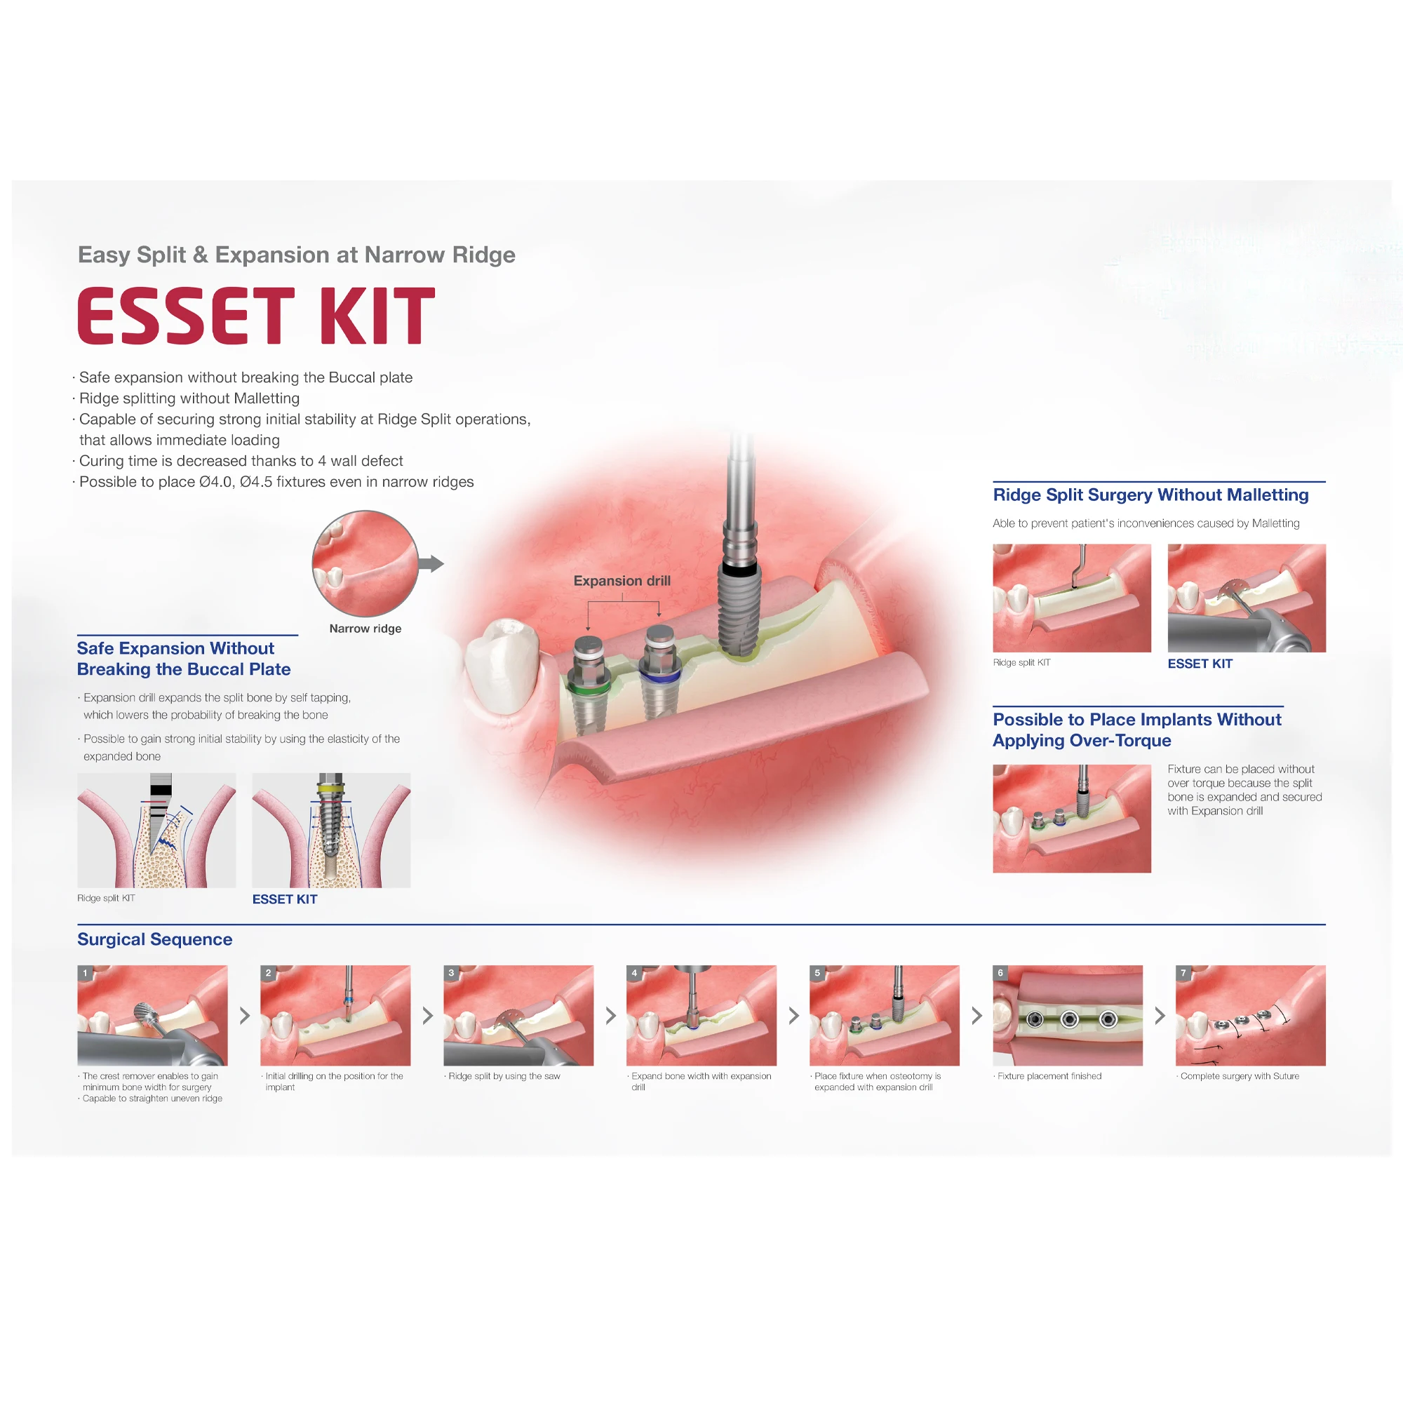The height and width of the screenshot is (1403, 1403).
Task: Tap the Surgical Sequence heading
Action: pyautogui.click(x=154, y=939)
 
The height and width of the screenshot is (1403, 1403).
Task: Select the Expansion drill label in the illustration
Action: pyautogui.click(x=622, y=581)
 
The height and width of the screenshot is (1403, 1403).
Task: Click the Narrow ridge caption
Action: pyautogui.click(x=365, y=629)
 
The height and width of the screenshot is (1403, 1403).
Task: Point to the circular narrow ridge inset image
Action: pyautogui.click(x=365, y=563)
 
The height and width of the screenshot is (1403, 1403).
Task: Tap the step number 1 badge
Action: pyautogui.click(x=85, y=973)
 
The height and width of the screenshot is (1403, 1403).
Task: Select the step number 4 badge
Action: pyautogui.click(x=634, y=973)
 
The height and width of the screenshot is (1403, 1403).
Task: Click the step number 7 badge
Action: pyautogui.click(x=1183, y=973)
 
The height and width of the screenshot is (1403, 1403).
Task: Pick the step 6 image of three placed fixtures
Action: pyautogui.click(x=1068, y=1016)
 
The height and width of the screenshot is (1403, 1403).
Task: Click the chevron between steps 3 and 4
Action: pyautogui.click(x=611, y=1016)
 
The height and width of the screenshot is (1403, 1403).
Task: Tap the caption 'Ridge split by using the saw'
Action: pyautogui.click(x=504, y=1076)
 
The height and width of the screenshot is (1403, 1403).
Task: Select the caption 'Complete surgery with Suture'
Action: pyautogui.click(x=1240, y=1076)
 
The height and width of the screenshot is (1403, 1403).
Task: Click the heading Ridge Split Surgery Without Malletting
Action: pyautogui.click(x=1150, y=495)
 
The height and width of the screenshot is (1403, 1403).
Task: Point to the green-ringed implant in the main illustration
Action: pyautogui.click(x=589, y=683)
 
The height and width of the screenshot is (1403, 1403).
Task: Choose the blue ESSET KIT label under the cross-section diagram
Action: pyautogui.click(x=285, y=899)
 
